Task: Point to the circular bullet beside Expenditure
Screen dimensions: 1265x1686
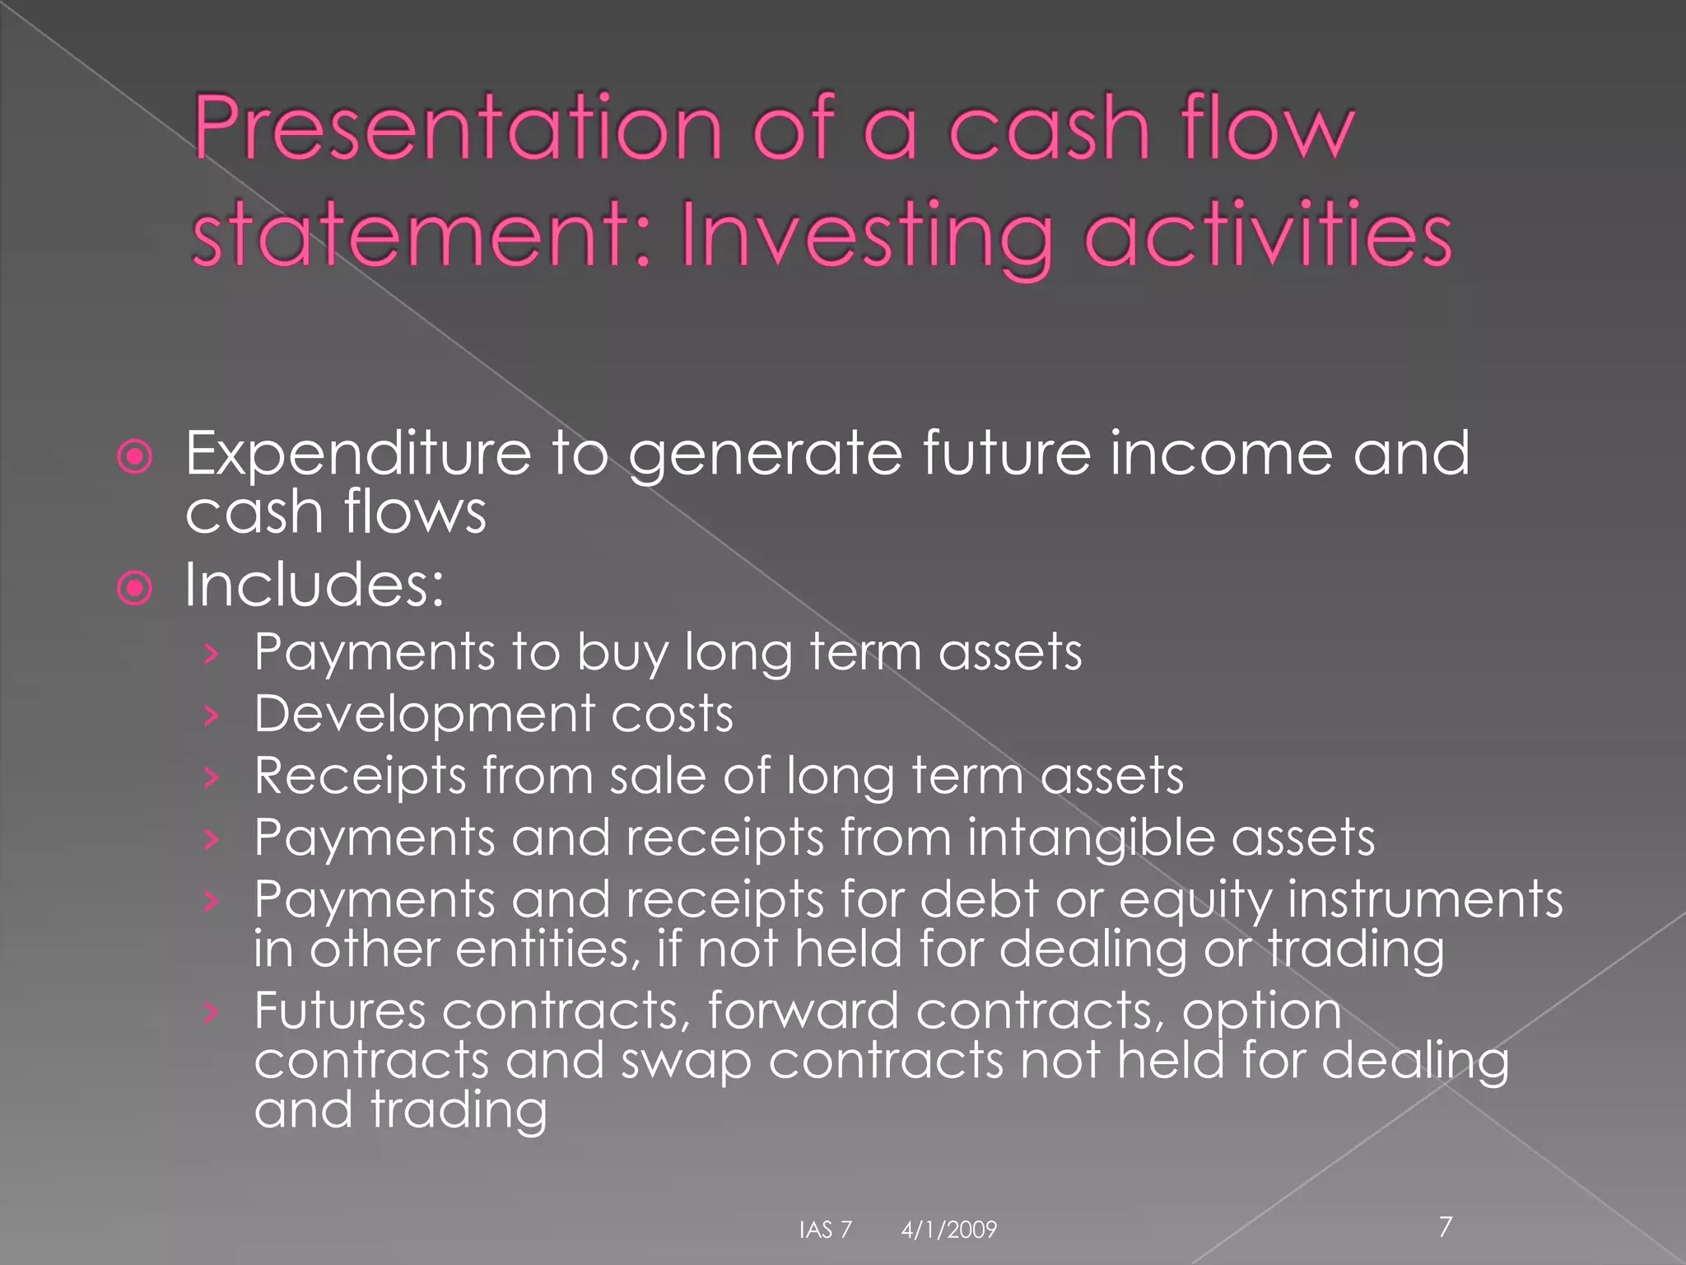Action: pos(135,457)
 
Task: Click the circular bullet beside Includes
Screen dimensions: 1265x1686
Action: pos(135,589)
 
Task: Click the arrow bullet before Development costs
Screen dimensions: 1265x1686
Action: pos(212,716)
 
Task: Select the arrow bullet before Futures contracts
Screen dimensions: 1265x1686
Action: pos(212,1013)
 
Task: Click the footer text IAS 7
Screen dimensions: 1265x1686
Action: pos(825,1230)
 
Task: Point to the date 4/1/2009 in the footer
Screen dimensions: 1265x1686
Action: pos(948,1230)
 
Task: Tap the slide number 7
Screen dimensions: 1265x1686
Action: pos(1446,1226)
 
